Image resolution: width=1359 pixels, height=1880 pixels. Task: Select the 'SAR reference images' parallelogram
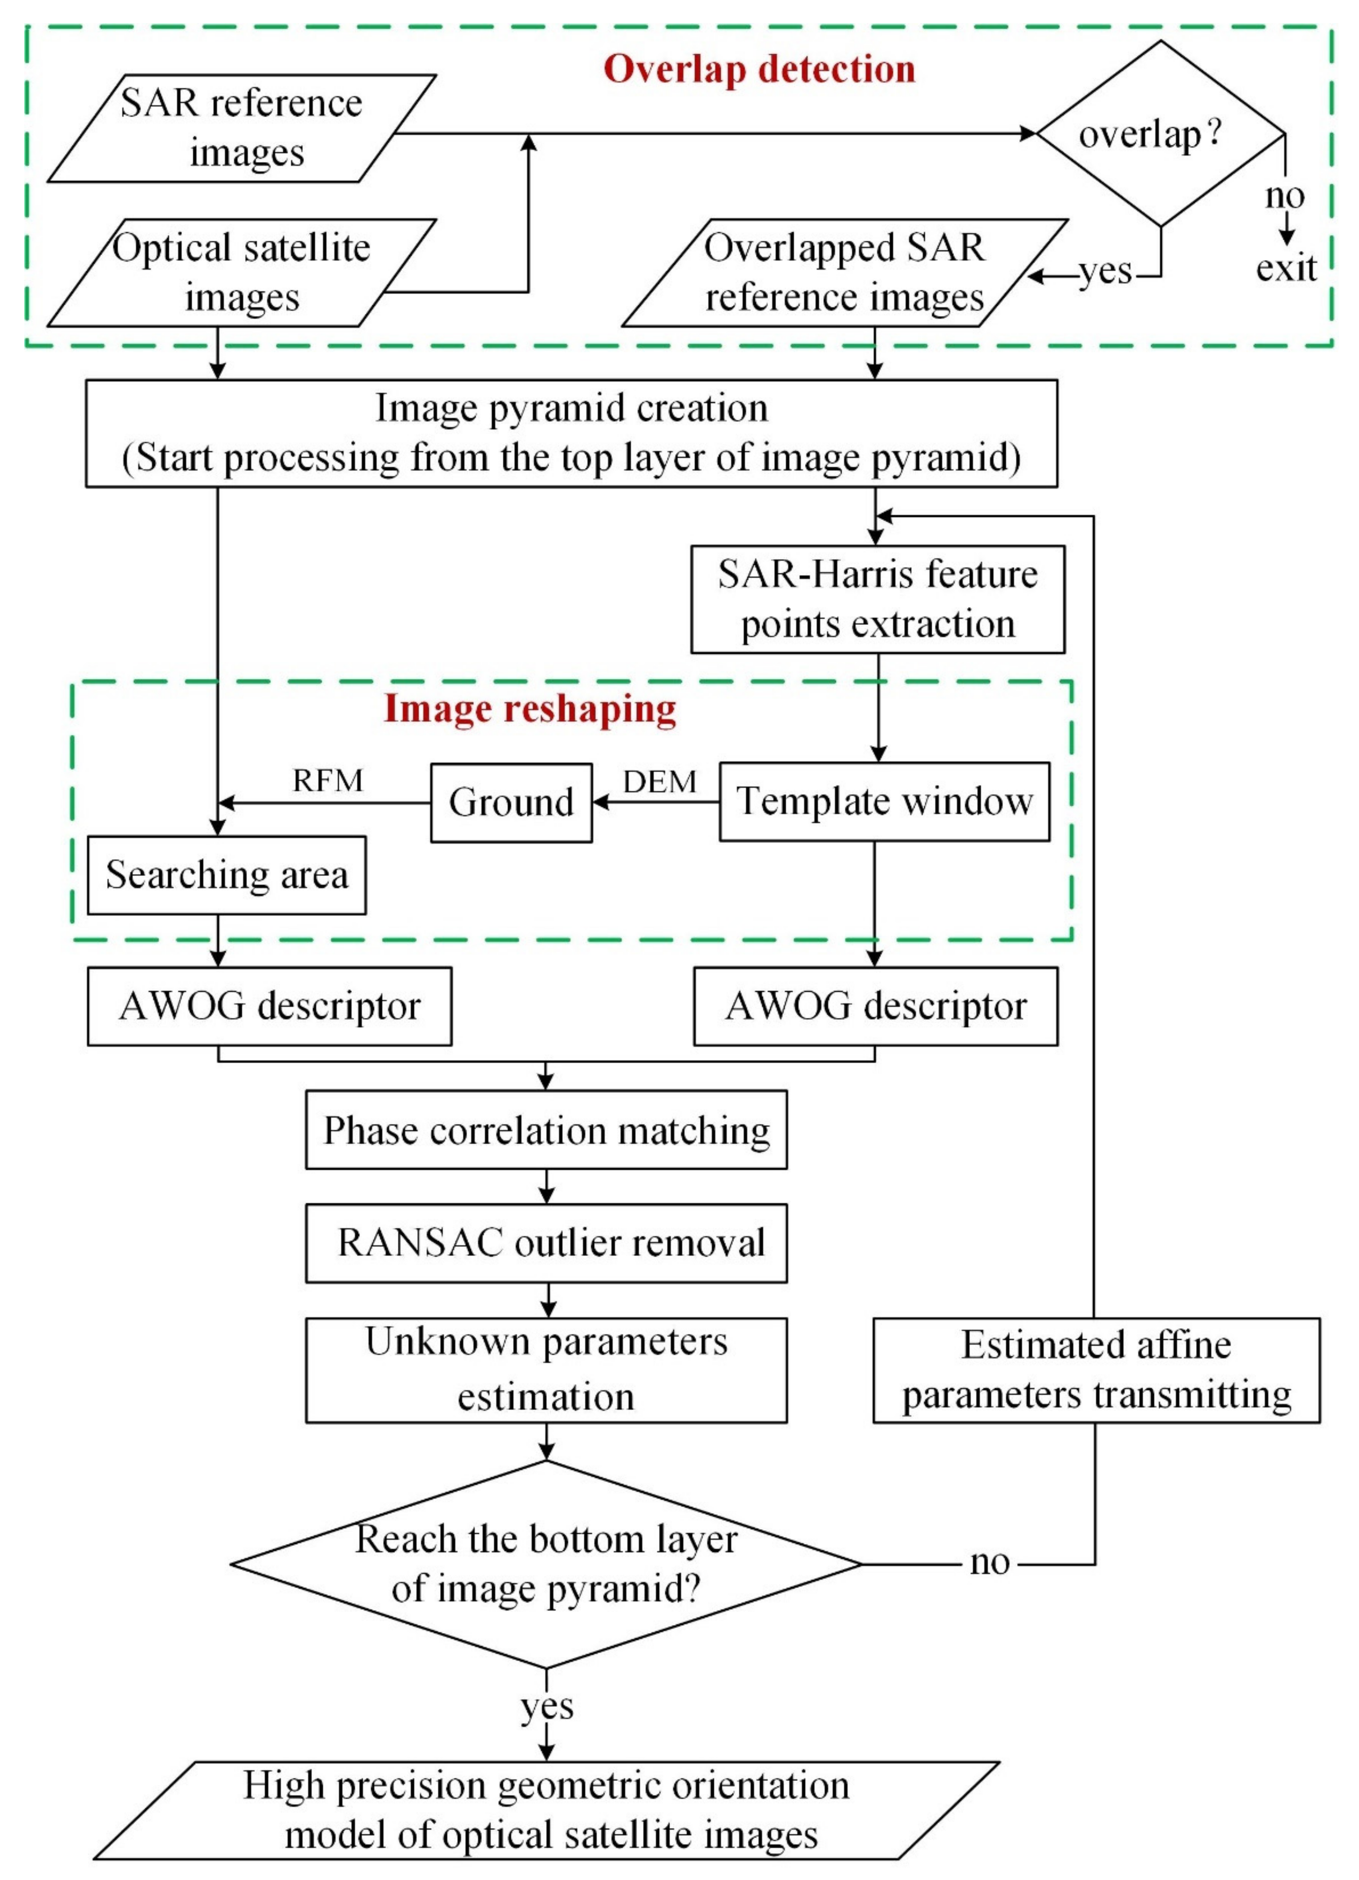point(241,129)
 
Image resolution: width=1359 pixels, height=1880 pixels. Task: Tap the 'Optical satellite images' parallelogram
point(241,273)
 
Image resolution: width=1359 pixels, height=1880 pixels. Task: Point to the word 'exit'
point(1285,268)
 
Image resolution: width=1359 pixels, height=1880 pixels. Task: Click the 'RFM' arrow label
point(328,781)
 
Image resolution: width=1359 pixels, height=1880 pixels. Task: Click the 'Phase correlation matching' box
point(546,1130)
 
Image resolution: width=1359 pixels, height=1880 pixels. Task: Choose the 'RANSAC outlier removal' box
point(546,1243)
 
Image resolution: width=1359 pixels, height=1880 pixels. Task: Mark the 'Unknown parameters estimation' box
point(546,1369)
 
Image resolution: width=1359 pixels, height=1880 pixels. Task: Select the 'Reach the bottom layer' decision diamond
point(546,1564)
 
